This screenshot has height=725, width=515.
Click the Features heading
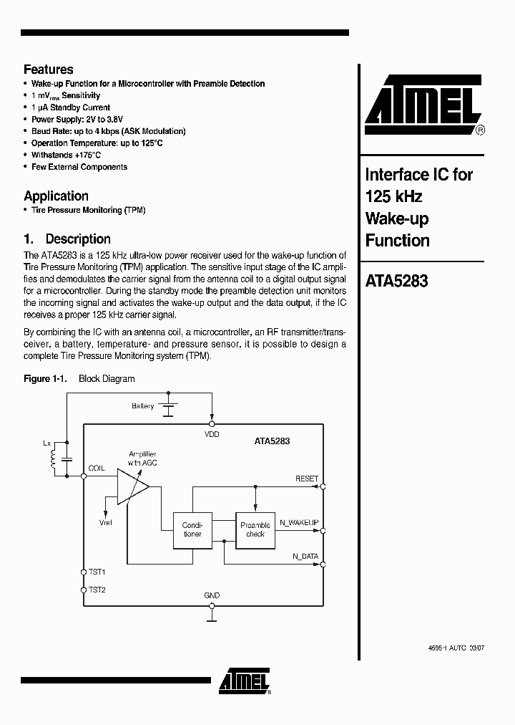(49, 69)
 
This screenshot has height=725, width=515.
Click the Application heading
(56, 196)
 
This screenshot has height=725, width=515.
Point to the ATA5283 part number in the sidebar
(396, 282)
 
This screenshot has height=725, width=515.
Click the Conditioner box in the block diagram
(192, 529)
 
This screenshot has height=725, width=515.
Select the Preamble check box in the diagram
(255, 529)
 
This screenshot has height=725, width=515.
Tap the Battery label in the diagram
(142, 406)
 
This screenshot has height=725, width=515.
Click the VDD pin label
(212, 434)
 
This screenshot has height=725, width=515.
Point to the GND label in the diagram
(212, 595)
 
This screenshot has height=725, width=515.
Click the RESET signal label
(307, 478)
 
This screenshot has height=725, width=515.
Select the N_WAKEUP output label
(299, 523)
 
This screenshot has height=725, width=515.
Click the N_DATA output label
(305, 556)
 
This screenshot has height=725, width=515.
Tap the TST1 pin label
(97, 572)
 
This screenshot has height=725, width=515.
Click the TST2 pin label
(97, 590)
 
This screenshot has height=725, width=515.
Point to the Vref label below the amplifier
(106, 524)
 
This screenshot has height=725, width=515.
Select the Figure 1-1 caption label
(45, 378)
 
